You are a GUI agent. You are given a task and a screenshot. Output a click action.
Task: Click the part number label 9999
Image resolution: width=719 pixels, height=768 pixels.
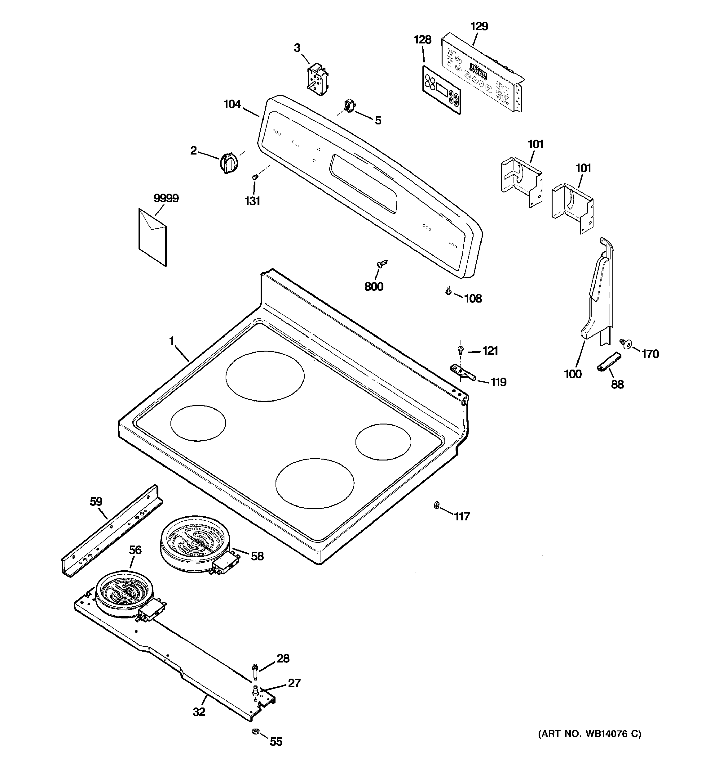166,198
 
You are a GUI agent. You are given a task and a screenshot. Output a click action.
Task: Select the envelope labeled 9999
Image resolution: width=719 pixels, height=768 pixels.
152,237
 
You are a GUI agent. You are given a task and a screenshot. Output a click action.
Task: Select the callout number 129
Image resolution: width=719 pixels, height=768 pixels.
479,26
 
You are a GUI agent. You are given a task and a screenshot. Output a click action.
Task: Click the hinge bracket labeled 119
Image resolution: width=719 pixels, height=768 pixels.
463,372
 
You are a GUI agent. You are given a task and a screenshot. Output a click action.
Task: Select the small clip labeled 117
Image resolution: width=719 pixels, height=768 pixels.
436,504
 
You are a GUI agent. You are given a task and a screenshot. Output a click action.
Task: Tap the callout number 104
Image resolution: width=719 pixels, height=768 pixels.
232,104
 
